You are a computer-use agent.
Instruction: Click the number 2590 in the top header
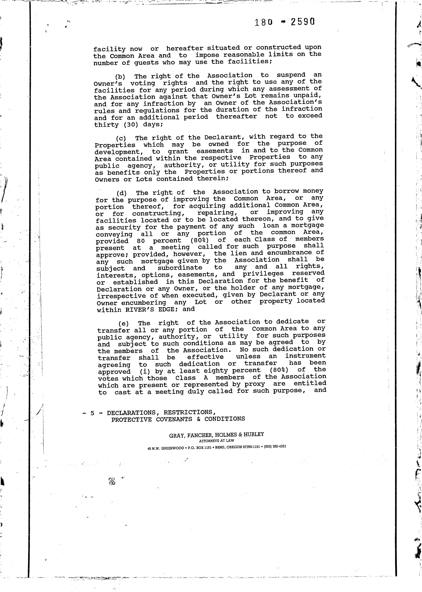click(x=303, y=22)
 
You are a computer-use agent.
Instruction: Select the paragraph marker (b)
click(x=120, y=77)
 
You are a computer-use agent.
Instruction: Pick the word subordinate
click(x=180, y=268)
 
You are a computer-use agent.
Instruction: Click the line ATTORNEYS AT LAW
click(x=216, y=441)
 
